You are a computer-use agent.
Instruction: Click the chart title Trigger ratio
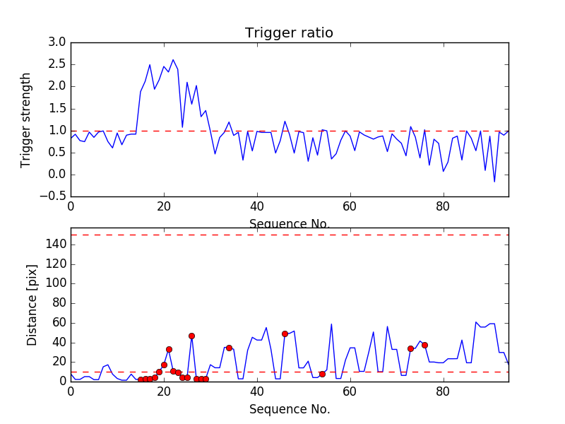click(289, 33)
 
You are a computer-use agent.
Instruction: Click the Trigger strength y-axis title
click(26, 119)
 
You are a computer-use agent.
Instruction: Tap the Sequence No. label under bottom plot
click(290, 409)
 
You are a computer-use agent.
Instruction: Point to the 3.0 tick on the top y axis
click(57, 42)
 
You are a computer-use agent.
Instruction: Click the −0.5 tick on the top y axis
click(52, 196)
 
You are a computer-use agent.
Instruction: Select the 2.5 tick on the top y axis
click(57, 64)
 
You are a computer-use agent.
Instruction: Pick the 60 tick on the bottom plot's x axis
click(350, 391)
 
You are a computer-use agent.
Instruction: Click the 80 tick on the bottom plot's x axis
click(444, 391)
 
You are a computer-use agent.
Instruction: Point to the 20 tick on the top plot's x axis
click(164, 206)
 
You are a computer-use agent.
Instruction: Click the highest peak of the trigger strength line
click(173, 60)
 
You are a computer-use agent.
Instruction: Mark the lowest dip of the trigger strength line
click(494, 182)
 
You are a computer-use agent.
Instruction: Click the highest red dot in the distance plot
click(285, 334)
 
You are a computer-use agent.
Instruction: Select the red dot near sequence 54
click(322, 374)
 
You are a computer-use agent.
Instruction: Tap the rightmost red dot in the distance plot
click(424, 345)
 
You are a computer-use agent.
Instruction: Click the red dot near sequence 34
click(229, 348)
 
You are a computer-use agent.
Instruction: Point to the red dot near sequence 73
click(410, 348)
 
